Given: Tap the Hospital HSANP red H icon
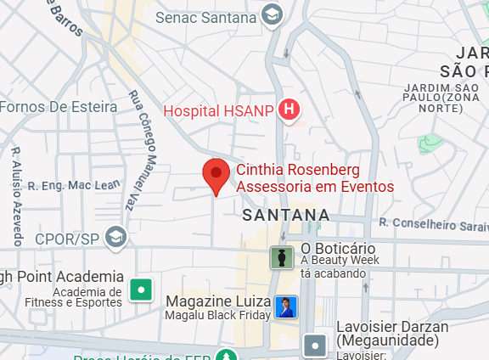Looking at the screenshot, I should click(x=290, y=110).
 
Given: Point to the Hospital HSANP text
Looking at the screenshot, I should click(x=217, y=110).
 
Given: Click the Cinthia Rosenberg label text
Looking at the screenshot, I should click(x=314, y=178).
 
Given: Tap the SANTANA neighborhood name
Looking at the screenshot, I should click(x=285, y=216).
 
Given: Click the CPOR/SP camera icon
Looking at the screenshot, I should click(x=117, y=239).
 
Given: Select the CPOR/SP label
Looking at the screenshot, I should click(x=69, y=239).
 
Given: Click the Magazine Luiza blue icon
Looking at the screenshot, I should click(x=286, y=307).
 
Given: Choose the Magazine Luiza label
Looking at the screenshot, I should click(x=218, y=301).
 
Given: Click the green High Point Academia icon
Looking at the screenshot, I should click(x=140, y=290).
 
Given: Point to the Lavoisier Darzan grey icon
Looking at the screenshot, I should click(x=316, y=345).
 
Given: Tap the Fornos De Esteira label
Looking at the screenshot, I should click(x=58, y=106).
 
